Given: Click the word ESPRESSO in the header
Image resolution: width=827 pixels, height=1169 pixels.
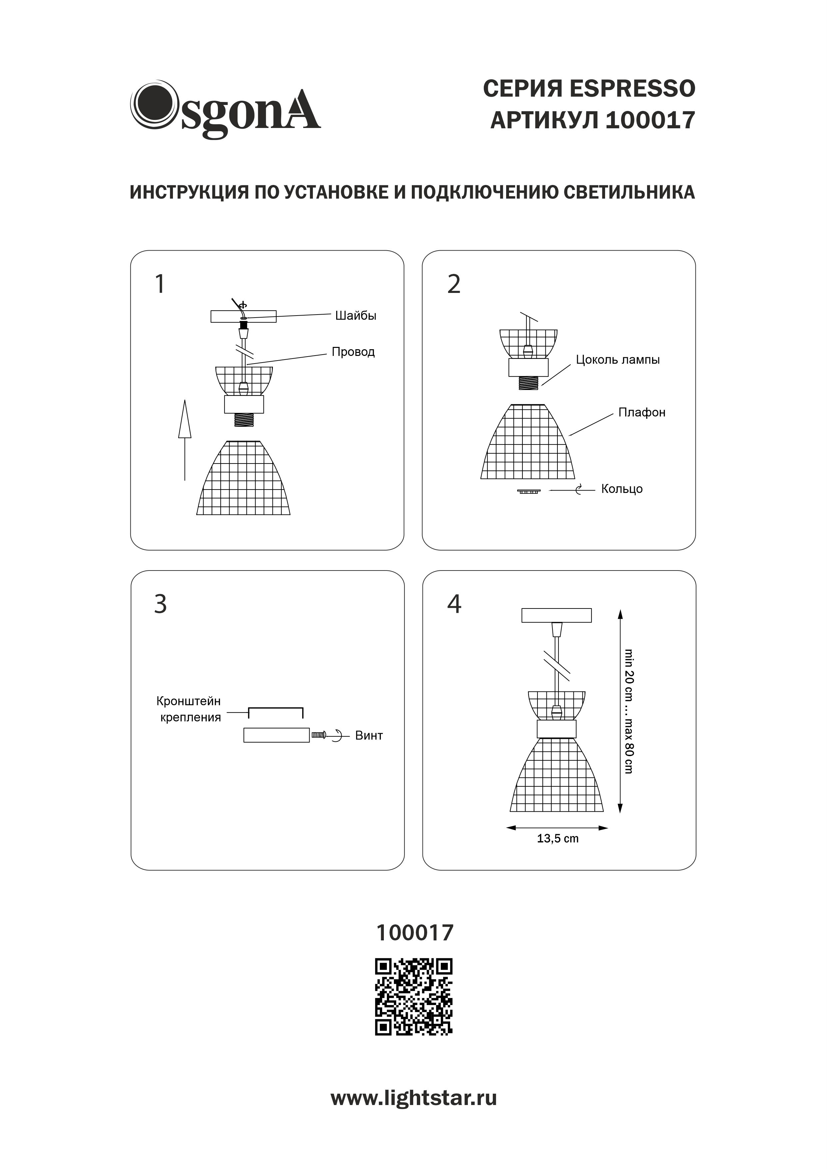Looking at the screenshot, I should click(632, 89).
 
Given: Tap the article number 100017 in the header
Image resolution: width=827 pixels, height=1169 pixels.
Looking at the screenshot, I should click(650, 121).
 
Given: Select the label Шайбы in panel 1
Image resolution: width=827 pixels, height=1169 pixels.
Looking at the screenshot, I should click(356, 316).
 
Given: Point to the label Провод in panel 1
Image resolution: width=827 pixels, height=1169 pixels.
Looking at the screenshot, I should click(353, 352).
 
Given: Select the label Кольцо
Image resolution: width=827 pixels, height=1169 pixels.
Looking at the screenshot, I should click(621, 489).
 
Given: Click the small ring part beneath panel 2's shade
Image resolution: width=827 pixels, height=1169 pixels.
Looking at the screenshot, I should click(528, 491).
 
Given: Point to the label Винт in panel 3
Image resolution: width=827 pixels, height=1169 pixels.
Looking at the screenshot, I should click(369, 736).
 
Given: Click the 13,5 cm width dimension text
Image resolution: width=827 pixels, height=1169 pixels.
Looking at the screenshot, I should click(558, 838).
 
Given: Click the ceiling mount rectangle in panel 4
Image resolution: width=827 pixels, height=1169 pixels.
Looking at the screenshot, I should click(556, 615).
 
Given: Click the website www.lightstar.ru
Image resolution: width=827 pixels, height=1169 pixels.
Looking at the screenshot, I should click(413, 1098).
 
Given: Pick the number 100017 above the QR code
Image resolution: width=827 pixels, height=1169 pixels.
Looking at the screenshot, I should click(414, 933).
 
